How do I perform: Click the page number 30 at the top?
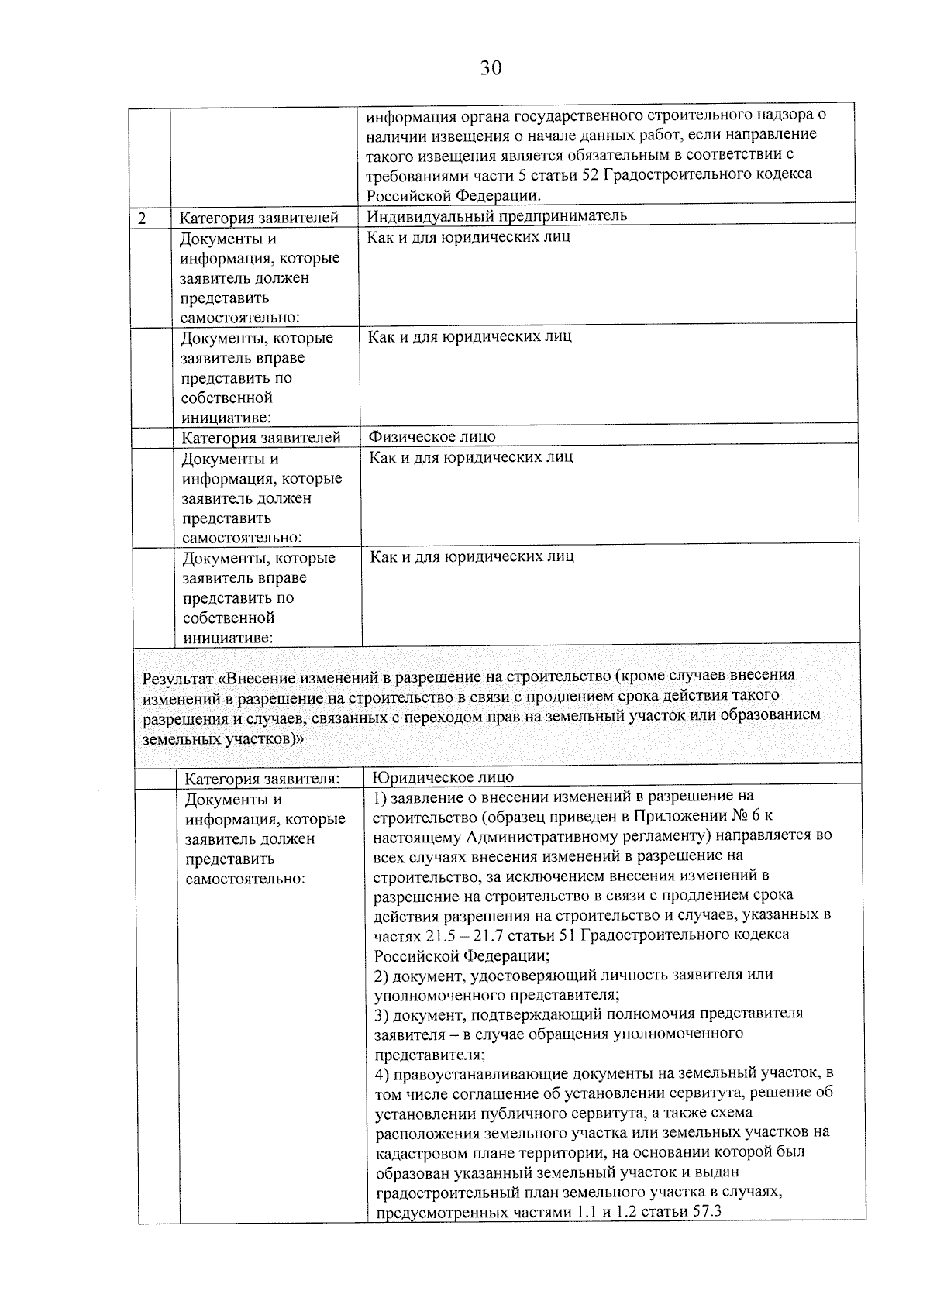click(x=491, y=68)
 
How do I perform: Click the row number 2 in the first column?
click(x=142, y=219)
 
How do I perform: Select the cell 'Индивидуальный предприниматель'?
click(x=497, y=215)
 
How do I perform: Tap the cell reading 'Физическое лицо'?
click(x=432, y=437)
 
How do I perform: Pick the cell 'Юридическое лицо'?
click(x=443, y=777)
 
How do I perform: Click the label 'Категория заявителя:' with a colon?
click(x=263, y=778)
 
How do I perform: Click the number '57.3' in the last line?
click(x=706, y=1211)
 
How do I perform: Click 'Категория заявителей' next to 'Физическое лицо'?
click(x=261, y=439)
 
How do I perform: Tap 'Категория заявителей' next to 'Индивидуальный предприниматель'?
click(x=260, y=219)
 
